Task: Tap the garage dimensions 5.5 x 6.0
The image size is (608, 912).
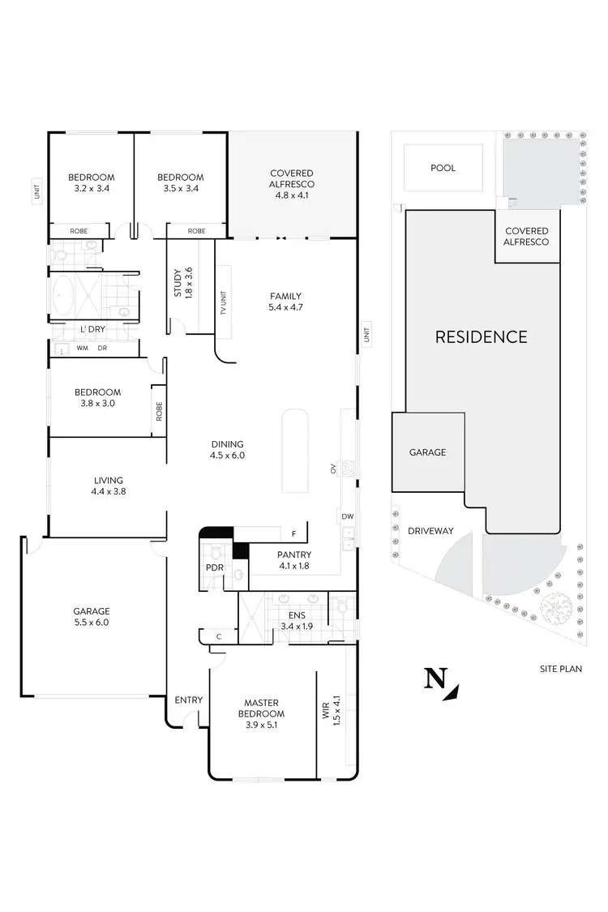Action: (x=91, y=623)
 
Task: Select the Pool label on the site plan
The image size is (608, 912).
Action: (x=443, y=168)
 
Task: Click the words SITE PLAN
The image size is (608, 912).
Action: (x=561, y=669)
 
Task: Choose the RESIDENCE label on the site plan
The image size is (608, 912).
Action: (x=482, y=336)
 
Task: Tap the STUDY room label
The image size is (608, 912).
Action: (x=178, y=282)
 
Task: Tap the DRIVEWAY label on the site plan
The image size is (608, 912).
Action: (x=431, y=531)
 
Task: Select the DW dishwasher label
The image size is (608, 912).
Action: (x=346, y=516)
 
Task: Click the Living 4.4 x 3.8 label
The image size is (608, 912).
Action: (x=109, y=486)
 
